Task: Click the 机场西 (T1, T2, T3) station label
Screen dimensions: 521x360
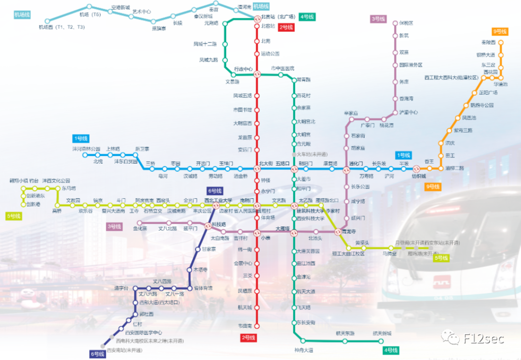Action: click(x=62, y=28)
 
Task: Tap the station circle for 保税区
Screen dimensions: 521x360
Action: click(x=395, y=23)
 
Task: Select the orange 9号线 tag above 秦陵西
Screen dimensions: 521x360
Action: click(x=500, y=31)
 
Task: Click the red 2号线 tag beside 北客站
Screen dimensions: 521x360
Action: click(x=287, y=28)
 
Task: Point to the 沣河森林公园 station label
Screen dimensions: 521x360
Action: click(x=86, y=149)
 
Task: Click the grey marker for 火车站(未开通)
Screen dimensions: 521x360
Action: click(x=293, y=155)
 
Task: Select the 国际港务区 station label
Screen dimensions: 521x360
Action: click(x=411, y=65)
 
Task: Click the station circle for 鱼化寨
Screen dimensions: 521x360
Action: click(x=138, y=223)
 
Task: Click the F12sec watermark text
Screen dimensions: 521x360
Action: click(x=483, y=338)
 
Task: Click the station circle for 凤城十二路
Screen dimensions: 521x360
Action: click(x=225, y=44)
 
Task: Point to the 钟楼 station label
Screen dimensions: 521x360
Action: click(x=265, y=180)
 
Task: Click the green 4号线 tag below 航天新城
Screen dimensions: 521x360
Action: click(x=390, y=350)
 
